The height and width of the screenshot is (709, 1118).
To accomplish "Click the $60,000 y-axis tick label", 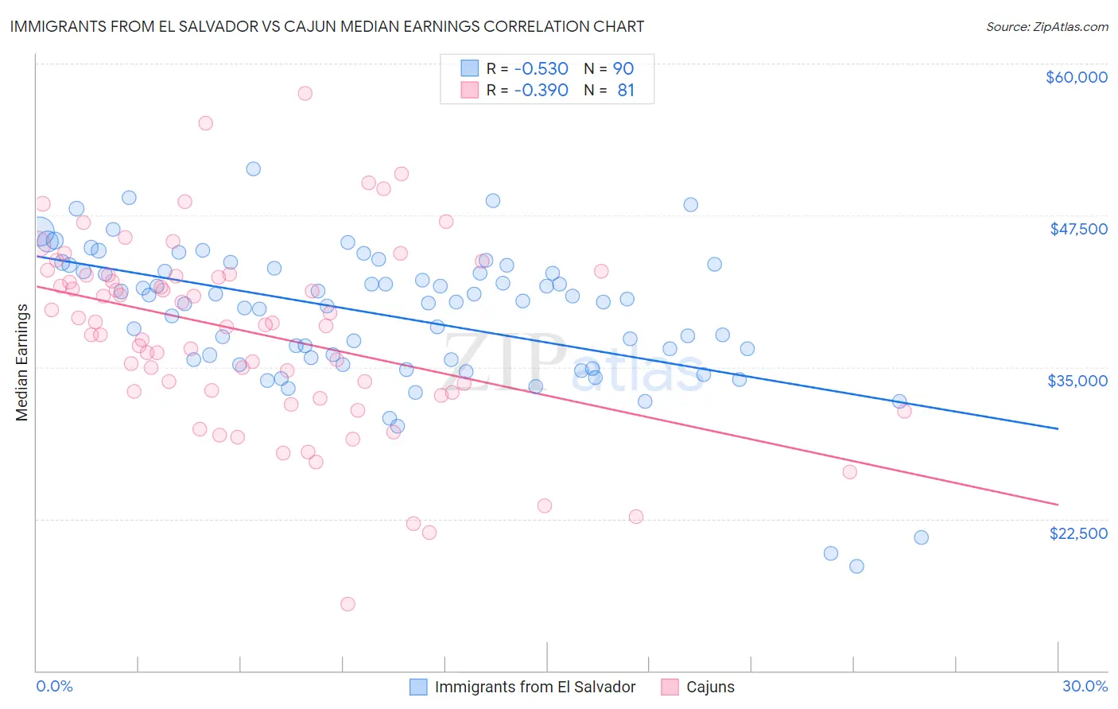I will [x=1076, y=77].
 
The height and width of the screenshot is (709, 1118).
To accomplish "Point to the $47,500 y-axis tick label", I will [x=1078, y=229].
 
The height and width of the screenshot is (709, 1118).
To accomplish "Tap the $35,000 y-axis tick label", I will [x=1077, y=381].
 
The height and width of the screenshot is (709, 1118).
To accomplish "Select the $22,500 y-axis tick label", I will [x=1078, y=533].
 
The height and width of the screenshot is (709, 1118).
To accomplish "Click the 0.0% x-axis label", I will [x=54, y=687].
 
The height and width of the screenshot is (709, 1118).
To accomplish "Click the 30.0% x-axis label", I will [x=1085, y=687].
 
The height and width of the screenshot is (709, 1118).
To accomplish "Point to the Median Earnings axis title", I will [x=22, y=362].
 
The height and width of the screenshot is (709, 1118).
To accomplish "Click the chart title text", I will [x=326, y=26].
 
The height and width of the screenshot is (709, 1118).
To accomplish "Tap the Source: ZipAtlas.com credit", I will [x=1046, y=27].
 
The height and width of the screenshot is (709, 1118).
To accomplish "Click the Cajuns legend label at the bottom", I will [x=710, y=688].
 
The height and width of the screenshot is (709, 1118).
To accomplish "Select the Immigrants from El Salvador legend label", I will [x=535, y=688].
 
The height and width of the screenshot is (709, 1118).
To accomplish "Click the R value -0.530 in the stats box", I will [x=541, y=69].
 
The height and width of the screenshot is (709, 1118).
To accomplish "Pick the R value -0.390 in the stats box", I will [x=541, y=91].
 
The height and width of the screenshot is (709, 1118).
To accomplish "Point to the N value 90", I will [x=623, y=69].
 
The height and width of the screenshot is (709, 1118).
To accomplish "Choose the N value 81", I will [x=626, y=91].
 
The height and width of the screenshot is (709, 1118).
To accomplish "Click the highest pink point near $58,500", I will [x=305, y=93].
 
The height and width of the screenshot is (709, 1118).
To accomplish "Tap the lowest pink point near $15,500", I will [x=347, y=604].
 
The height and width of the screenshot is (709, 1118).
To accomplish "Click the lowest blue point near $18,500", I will [x=856, y=567].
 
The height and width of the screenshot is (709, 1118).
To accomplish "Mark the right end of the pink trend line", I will [x=1058, y=505].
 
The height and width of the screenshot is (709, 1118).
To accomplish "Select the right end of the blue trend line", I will [x=1058, y=428].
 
